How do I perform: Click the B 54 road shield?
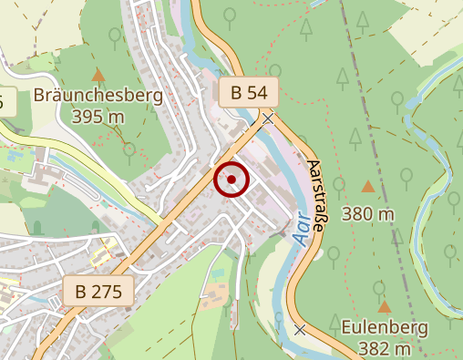click(x=248, y=92)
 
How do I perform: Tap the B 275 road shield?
click(x=99, y=292)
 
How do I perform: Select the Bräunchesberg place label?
click(x=98, y=96)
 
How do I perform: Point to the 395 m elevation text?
click(x=98, y=117)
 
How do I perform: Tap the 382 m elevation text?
click(x=385, y=349)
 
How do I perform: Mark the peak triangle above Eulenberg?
click(x=385, y=307)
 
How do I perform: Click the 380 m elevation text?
click(x=368, y=214)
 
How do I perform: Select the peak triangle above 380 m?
click(x=367, y=187)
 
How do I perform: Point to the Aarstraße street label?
click(x=315, y=196)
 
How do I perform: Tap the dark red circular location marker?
click(x=231, y=180)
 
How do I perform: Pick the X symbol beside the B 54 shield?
click(x=267, y=118)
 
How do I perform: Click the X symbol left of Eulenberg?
click(x=300, y=329)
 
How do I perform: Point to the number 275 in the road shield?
click(x=109, y=292)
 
